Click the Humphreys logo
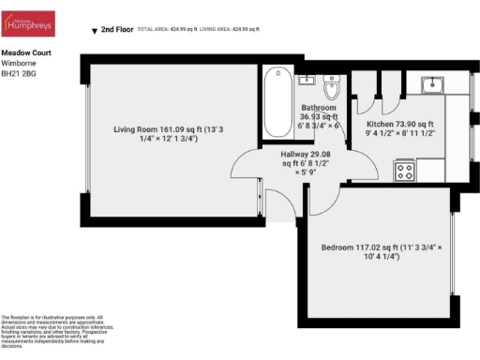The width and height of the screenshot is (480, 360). coord(28,23)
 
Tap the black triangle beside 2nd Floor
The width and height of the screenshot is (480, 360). coord(93,31)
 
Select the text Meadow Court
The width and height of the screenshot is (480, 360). coord(20,55)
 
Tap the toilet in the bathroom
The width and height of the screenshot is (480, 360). coord(330,89)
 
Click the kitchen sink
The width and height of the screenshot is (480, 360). coord(432,85)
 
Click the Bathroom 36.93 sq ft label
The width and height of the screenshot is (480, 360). coord(319,118)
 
